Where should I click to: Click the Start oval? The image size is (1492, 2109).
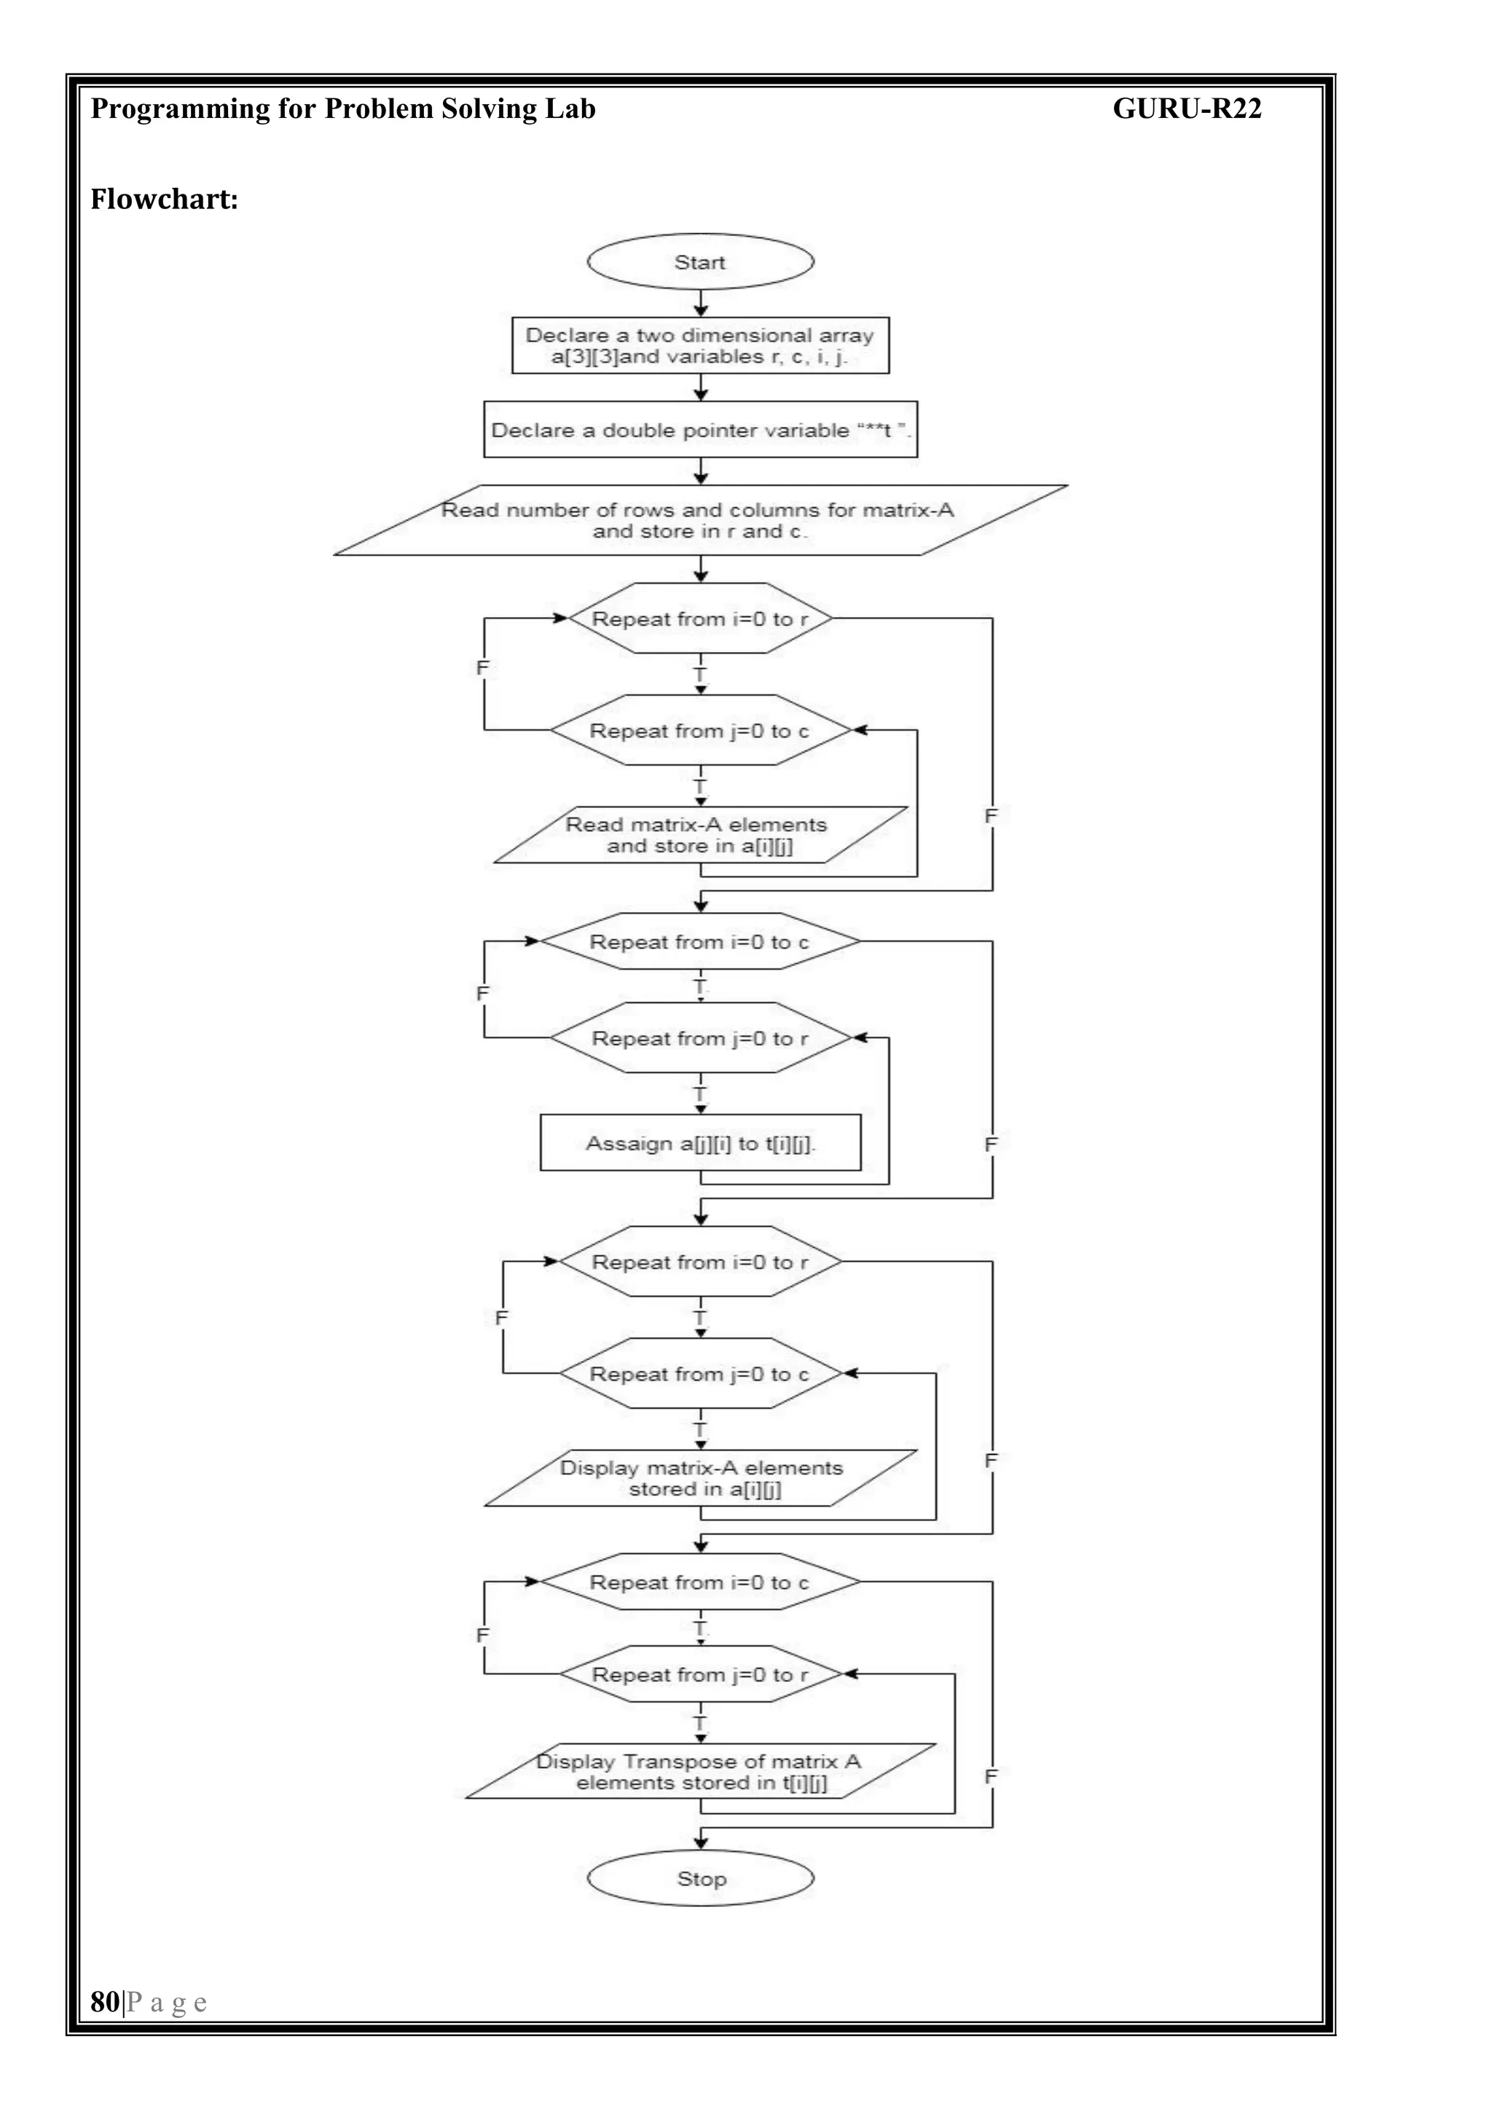pyautogui.click(x=700, y=262)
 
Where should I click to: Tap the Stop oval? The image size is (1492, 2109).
pyautogui.click(x=700, y=1879)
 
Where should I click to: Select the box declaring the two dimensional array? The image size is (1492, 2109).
pyautogui.click(x=700, y=345)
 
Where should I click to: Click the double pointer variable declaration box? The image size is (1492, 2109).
pyautogui.click(x=700, y=429)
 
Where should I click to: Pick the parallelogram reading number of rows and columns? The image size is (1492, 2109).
pyautogui.click(x=700, y=520)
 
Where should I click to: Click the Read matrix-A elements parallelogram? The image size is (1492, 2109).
pyautogui.click(x=700, y=835)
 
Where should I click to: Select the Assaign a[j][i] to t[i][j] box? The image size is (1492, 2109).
pyautogui.click(x=700, y=1143)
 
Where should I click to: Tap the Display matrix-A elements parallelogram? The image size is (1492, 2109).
pyautogui.click(x=700, y=1478)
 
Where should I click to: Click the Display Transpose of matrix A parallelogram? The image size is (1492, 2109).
pyautogui.click(x=700, y=1771)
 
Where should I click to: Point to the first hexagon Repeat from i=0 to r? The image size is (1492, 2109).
pyautogui.click(x=700, y=618)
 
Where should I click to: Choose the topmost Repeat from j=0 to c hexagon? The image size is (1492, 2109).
pyautogui.click(x=700, y=730)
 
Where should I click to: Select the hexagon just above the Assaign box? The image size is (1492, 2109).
pyautogui.click(x=700, y=1038)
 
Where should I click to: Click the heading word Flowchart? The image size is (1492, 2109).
pyautogui.click(x=163, y=200)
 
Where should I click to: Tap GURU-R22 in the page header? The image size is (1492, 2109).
pyautogui.click(x=1186, y=109)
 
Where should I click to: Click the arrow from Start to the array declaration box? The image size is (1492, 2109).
pyautogui.click(x=701, y=302)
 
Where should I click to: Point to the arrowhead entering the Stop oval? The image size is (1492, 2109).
pyautogui.click(x=701, y=1844)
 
